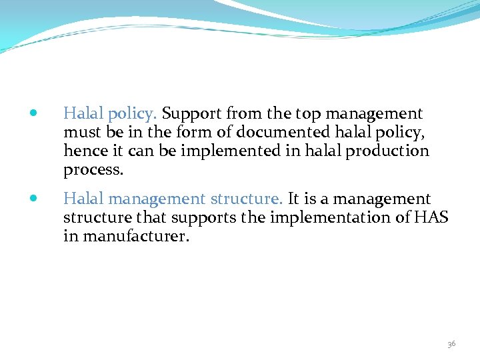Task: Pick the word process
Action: [x=93, y=169]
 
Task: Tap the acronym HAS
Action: [x=431, y=217]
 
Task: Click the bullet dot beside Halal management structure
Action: [x=34, y=199]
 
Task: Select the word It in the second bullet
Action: [x=293, y=199]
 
